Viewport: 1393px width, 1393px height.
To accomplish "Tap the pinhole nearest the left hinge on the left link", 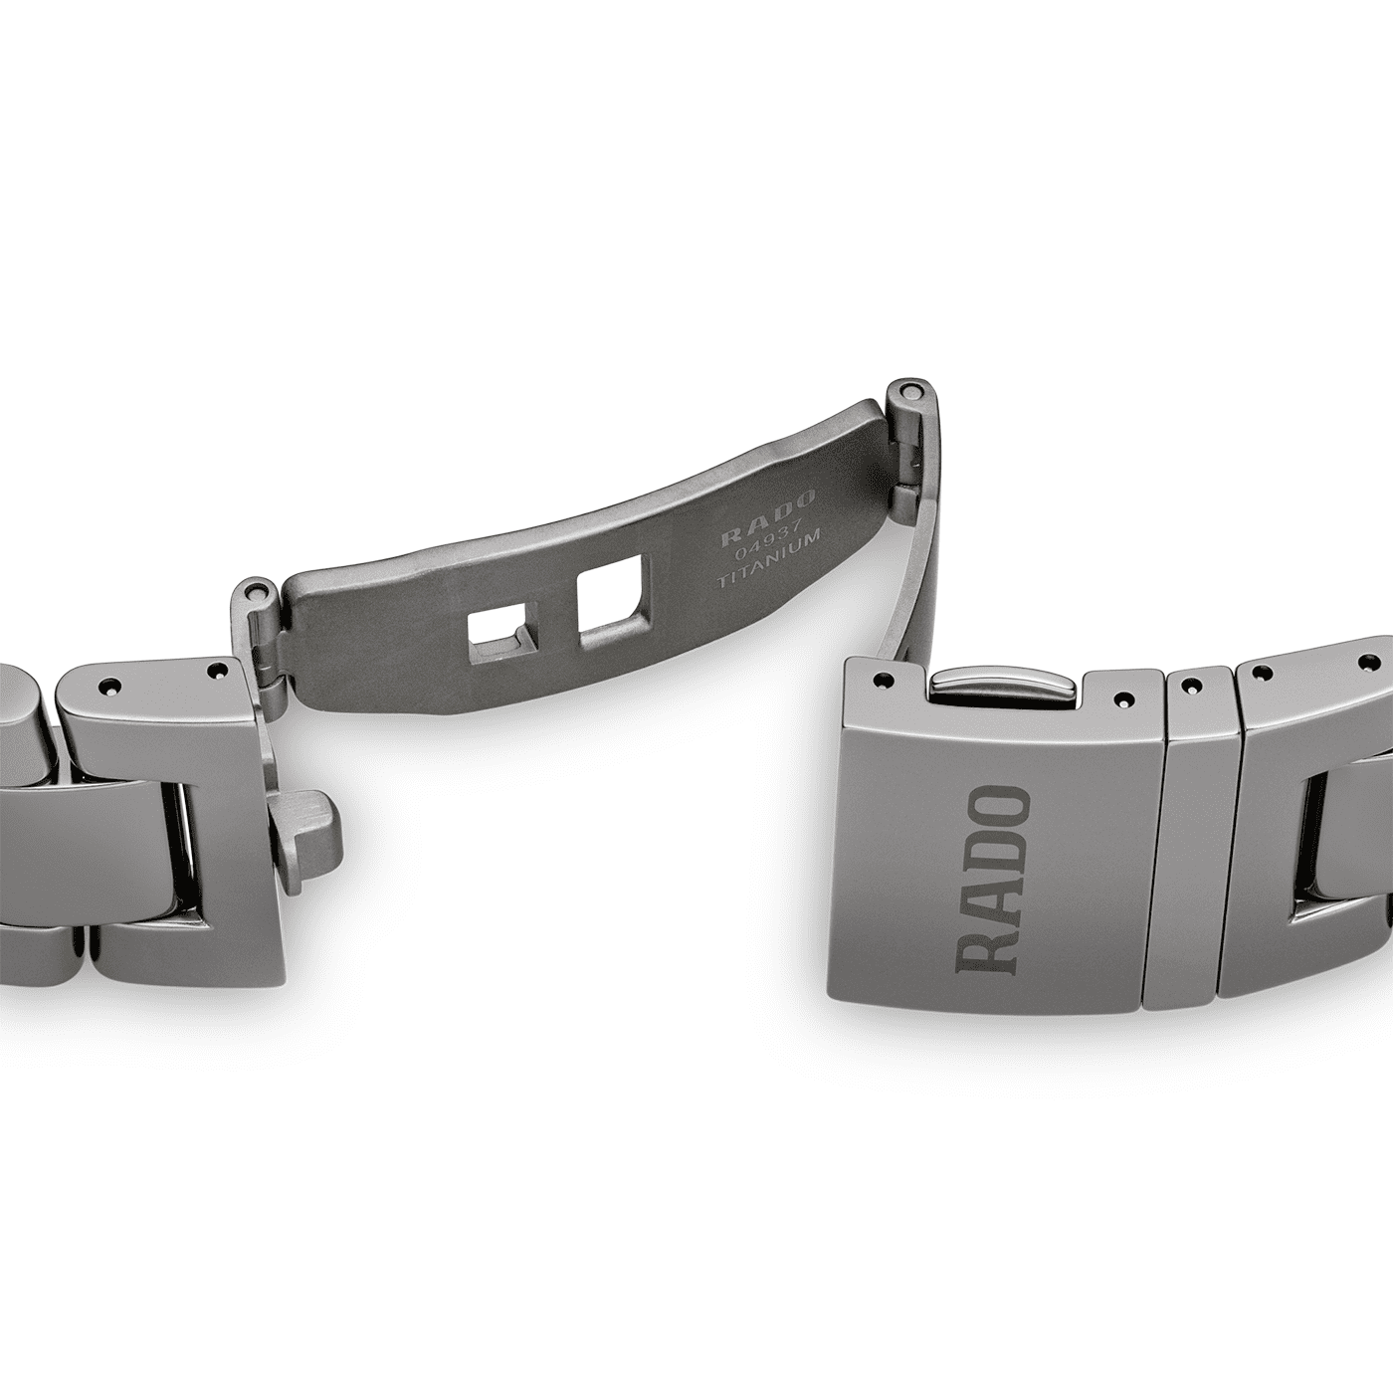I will click(212, 673).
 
